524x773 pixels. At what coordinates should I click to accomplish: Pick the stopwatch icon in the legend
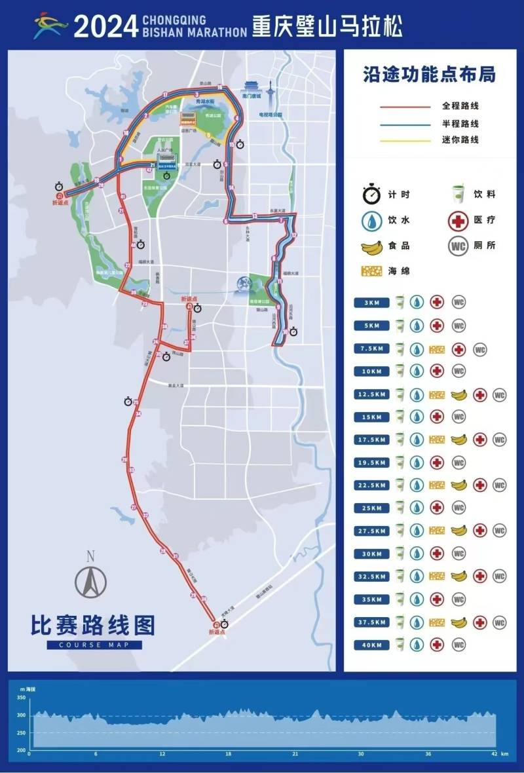[372, 194]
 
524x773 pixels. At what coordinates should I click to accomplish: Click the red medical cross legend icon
[457, 221]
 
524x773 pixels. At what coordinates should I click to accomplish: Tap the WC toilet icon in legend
[457, 247]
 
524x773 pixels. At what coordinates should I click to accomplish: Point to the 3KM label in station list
[372, 303]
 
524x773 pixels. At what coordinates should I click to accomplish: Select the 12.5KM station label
[372, 395]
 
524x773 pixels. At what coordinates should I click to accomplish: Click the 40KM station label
[372, 645]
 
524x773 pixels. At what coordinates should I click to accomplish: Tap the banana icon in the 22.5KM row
[460, 485]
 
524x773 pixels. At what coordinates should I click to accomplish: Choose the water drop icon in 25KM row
[417, 508]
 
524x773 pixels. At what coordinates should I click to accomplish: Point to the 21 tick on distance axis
[295, 754]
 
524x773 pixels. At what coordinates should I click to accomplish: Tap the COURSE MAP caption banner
[94, 645]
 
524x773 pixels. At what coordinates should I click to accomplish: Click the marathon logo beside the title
[51, 26]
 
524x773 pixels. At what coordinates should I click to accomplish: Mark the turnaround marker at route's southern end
[215, 624]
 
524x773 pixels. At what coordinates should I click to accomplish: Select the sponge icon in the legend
[372, 271]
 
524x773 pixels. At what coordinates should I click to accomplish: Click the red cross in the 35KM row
[437, 599]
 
